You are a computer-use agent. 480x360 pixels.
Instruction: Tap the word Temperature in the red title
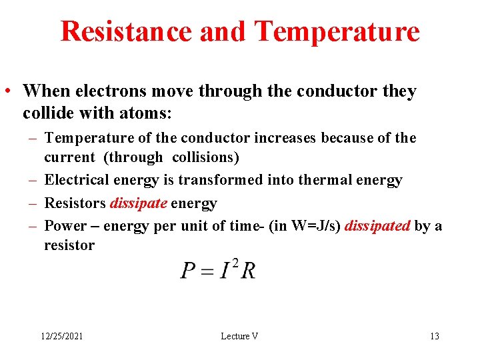(337, 31)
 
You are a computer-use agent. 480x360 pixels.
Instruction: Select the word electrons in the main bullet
(97, 91)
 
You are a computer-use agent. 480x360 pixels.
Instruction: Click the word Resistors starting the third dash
(75, 203)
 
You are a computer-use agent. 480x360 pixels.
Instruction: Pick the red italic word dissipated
(378, 225)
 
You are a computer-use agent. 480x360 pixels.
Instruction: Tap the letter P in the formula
(189, 271)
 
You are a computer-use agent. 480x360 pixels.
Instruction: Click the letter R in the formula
(247, 271)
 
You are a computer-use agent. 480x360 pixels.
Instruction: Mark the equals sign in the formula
(208, 271)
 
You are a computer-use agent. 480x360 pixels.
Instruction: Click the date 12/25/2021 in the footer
(60, 336)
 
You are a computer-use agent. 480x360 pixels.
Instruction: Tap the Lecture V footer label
(239, 336)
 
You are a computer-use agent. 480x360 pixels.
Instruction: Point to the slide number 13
(435, 336)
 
